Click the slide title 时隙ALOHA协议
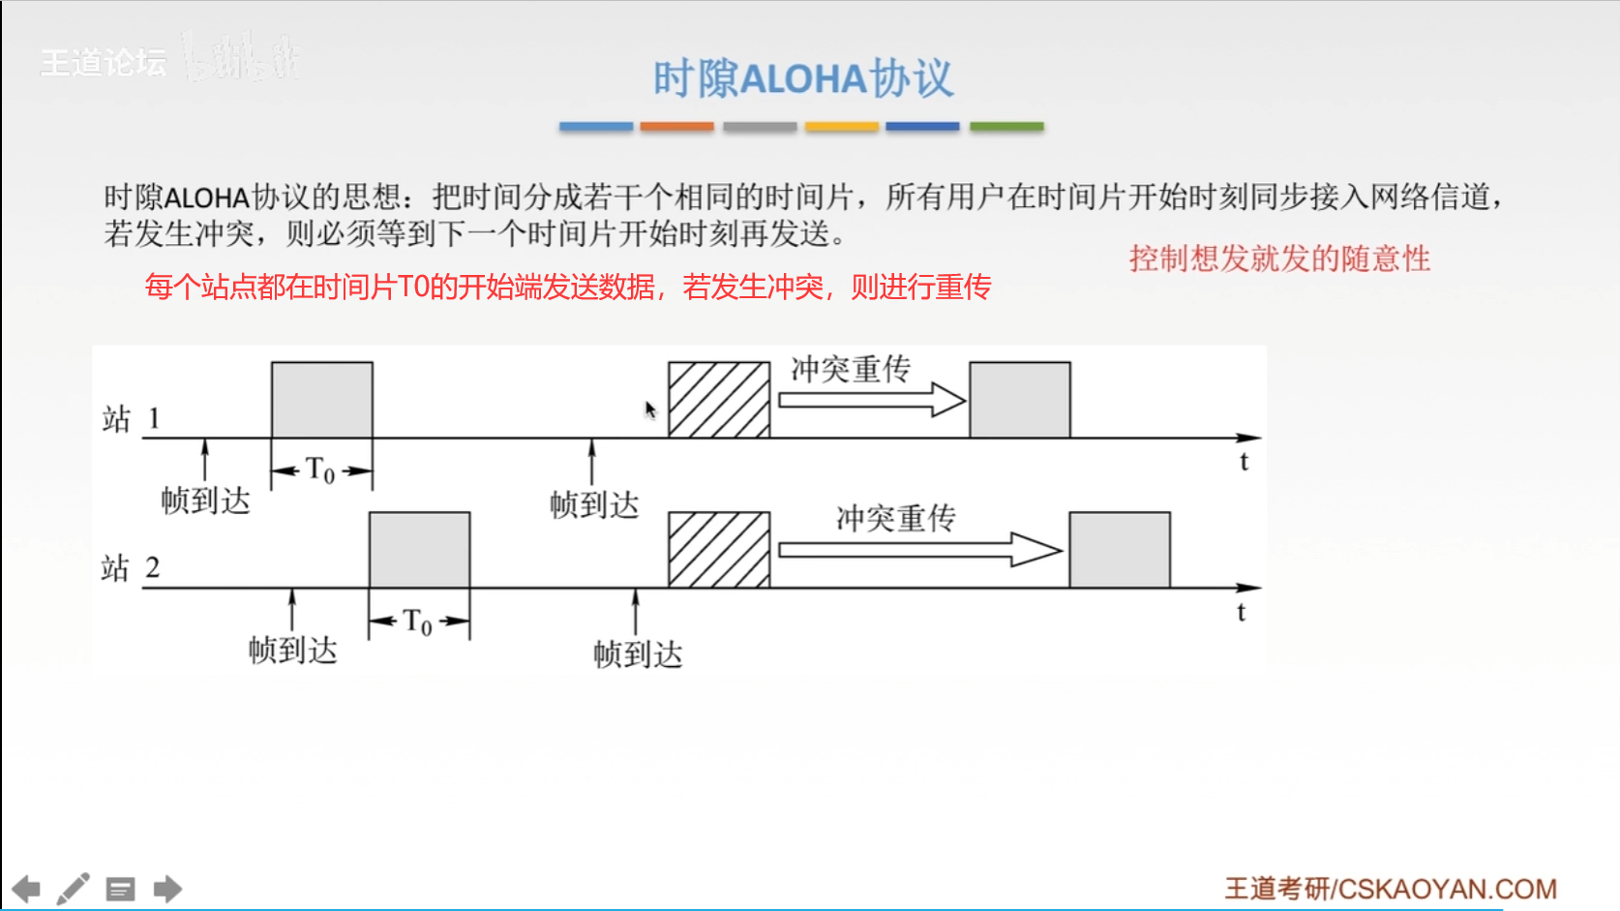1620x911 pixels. click(x=803, y=78)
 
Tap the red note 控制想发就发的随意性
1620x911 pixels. click(x=1278, y=258)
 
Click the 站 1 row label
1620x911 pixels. click(x=131, y=419)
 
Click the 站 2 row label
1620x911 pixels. click(x=131, y=568)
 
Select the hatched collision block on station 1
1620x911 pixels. click(x=719, y=400)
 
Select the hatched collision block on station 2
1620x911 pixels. click(x=719, y=550)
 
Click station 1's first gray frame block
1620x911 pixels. click(x=322, y=400)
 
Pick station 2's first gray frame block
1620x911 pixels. click(x=420, y=550)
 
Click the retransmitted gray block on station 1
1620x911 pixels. click(x=1020, y=400)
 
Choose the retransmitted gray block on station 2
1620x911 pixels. click(x=1120, y=550)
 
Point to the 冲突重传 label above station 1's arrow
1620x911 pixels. click(x=851, y=369)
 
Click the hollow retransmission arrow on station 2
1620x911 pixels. click(x=919, y=550)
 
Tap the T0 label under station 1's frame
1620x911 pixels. click(x=320, y=471)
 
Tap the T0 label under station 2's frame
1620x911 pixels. click(x=418, y=621)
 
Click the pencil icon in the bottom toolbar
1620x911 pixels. click(x=74, y=889)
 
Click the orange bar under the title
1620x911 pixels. click(x=676, y=127)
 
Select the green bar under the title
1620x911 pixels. click(x=1006, y=127)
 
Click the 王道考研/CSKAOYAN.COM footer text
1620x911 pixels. click(x=1391, y=889)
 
